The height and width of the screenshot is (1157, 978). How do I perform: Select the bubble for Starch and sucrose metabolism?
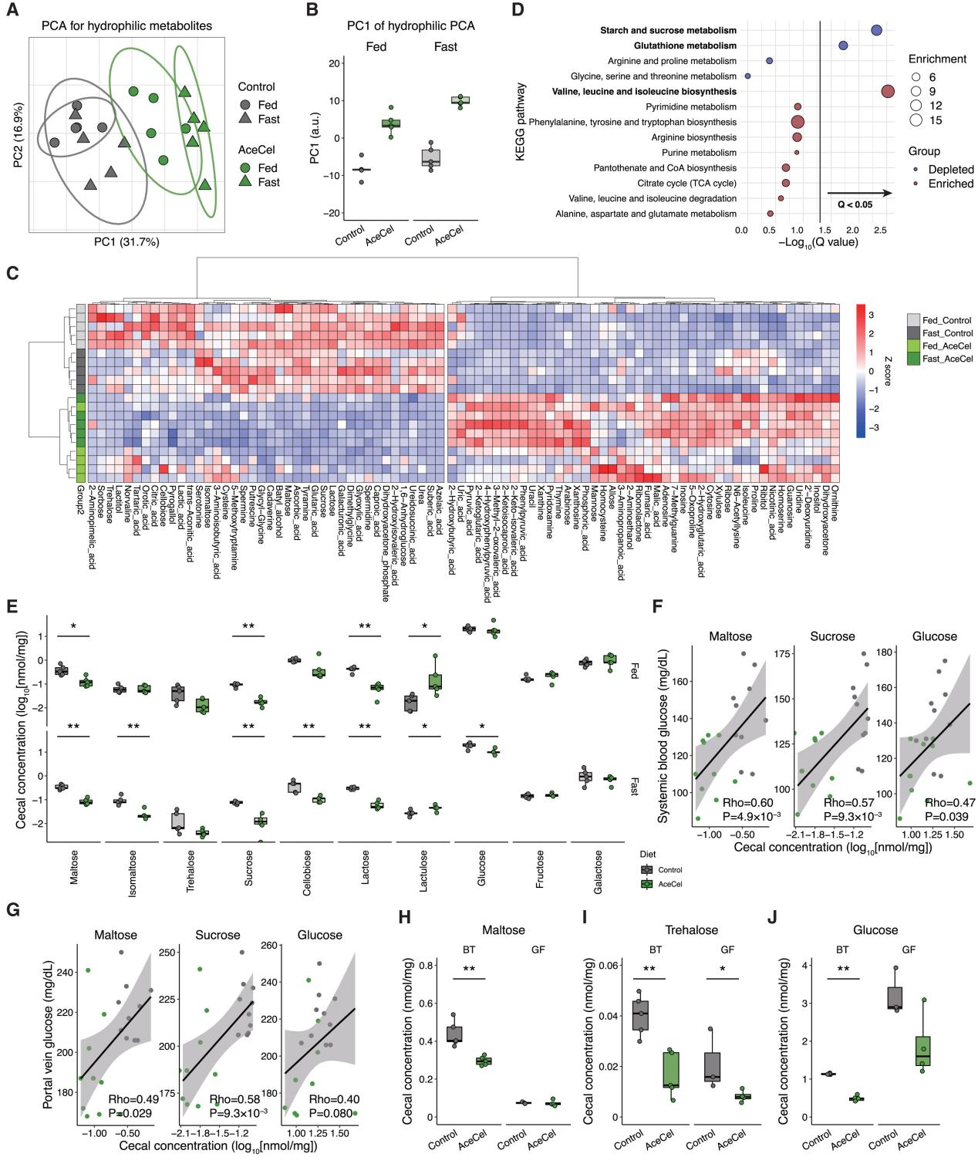[876, 30]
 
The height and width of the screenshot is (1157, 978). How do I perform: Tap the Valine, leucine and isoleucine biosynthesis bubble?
[888, 92]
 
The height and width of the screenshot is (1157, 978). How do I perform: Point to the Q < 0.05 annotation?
[855, 204]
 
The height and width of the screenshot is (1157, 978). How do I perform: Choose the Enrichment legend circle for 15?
[916, 120]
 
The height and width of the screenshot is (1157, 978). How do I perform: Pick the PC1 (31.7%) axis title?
[126, 242]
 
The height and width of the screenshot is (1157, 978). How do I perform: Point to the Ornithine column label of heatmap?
[835, 501]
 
